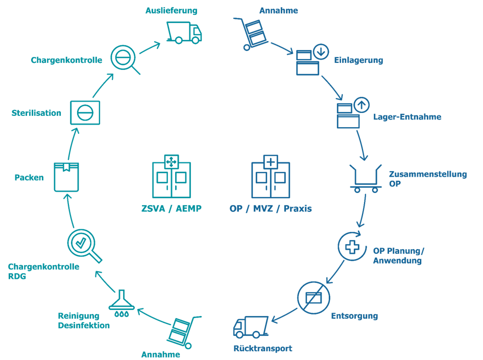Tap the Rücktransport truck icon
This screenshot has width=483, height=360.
[x=251, y=327]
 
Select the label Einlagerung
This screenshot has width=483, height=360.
[x=358, y=60]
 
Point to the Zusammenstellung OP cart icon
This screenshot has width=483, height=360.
[x=366, y=178]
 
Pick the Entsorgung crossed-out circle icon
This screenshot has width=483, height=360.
[x=313, y=297]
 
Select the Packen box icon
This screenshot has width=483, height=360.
[x=66, y=177]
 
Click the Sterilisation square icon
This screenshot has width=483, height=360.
[x=85, y=111]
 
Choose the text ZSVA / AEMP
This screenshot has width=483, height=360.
[x=171, y=208]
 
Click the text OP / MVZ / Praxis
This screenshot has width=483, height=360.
[x=271, y=208]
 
